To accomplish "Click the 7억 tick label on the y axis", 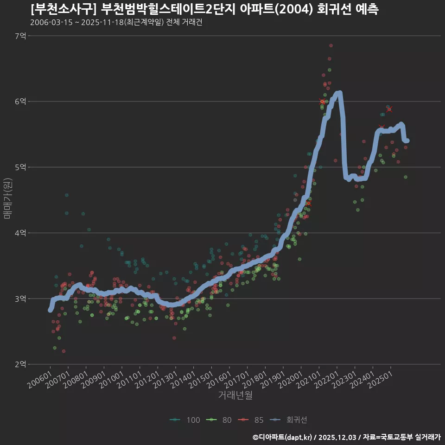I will [x=20, y=36].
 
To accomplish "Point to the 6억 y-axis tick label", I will [x=20, y=102].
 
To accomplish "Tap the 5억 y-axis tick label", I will [x=20, y=167].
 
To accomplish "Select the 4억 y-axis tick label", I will [x=20, y=233].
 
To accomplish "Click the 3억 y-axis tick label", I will [x=20, y=299].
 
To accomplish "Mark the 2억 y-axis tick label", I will [x=20, y=364].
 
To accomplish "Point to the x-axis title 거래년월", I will [x=235, y=395].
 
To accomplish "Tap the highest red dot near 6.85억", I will [x=331, y=45].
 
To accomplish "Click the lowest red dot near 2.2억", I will [x=64, y=351].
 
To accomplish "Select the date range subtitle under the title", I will [x=116, y=22].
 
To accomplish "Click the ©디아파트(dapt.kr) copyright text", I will [x=283, y=437].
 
